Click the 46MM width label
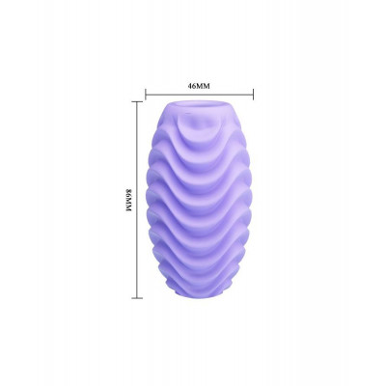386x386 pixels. pos(199,86)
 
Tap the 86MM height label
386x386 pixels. pos(128,200)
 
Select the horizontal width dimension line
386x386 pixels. pos(200,95)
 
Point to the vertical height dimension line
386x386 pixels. pos(137,200)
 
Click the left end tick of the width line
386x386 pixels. pos(146,95)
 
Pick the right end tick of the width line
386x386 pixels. pos(254,95)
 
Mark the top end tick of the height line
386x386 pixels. pos(137,101)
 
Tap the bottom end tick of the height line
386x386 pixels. pos(137,298)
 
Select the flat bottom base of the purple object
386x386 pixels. pos(200,293)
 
